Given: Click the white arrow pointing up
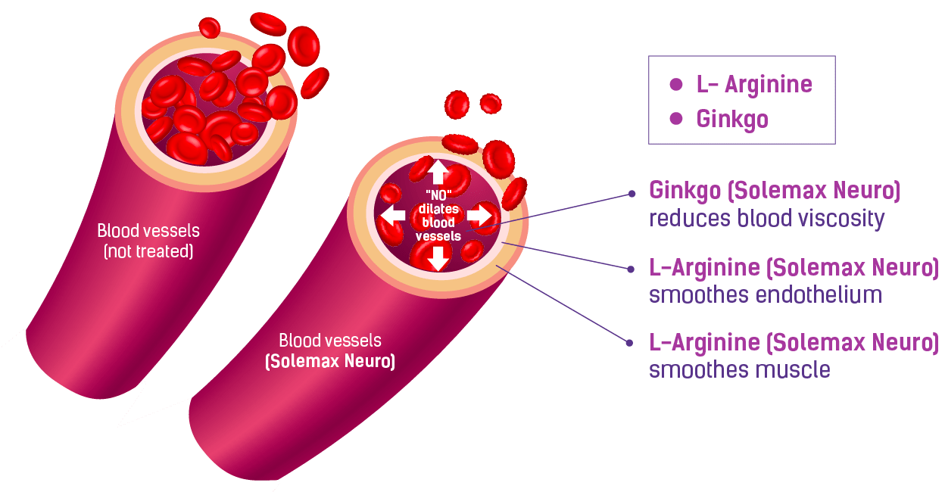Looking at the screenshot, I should click(438, 171).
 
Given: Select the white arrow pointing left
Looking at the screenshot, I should click(392, 215).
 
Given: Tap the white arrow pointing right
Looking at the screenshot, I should click(480, 215).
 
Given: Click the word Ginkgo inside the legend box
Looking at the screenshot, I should click(732, 120).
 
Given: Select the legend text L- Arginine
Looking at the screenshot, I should click(754, 85).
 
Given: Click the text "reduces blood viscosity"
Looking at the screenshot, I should click(766, 220).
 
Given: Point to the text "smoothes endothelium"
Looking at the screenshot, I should click(765, 294).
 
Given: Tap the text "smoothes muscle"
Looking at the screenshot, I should click(739, 370).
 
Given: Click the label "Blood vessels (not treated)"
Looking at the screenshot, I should click(148, 240).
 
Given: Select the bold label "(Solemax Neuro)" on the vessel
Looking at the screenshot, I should click(330, 362).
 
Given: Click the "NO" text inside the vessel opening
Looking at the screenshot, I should click(438, 196).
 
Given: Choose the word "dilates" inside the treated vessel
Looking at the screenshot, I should click(438, 210).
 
